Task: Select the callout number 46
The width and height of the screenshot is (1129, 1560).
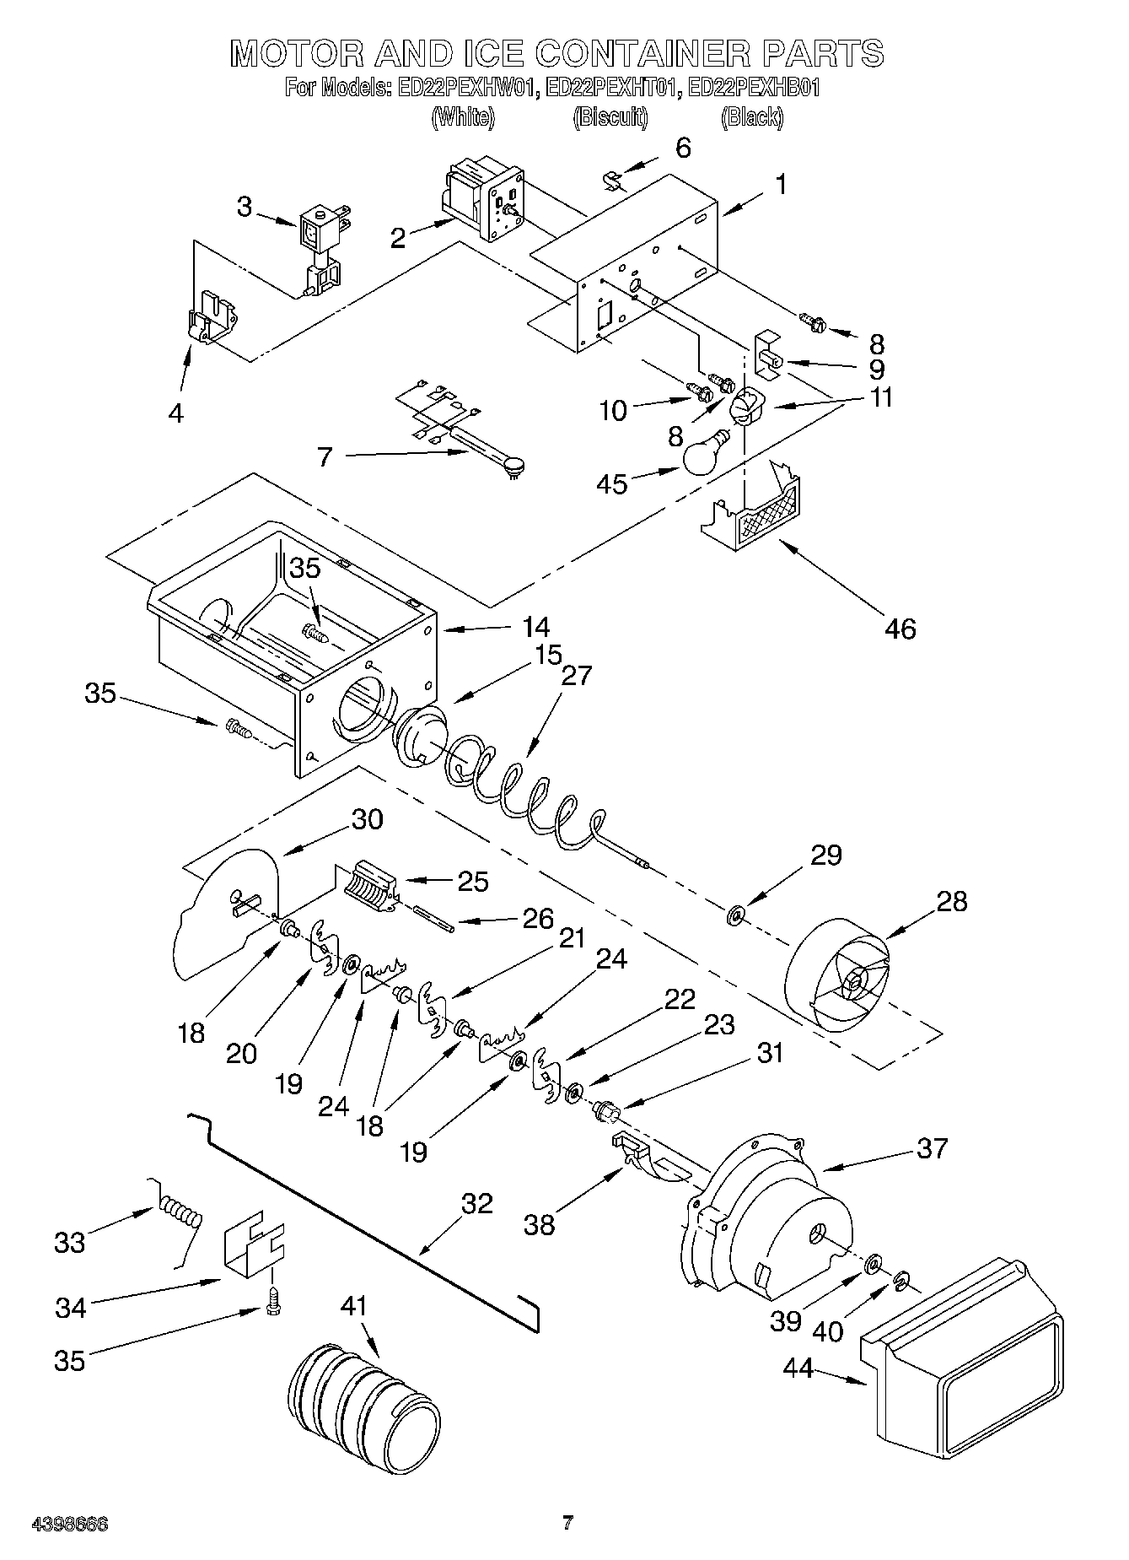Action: (x=900, y=628)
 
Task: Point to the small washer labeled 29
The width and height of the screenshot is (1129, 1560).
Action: (x=736, y=914)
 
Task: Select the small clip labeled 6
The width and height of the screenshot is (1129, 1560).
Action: (x=615, y=180)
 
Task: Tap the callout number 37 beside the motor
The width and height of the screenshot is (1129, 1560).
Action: (x=931, y=1147)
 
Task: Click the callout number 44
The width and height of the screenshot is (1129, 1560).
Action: (x=798, y=1368)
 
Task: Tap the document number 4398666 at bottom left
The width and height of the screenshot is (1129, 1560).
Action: (x=70, y=1524)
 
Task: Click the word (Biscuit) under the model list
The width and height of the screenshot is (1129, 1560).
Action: (x=610, y=117)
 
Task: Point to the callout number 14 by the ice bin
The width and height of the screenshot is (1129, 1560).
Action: (x=535, y=627)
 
